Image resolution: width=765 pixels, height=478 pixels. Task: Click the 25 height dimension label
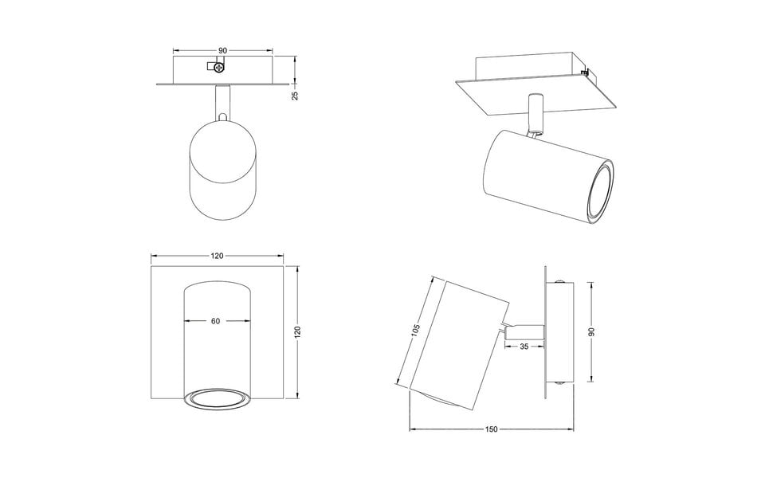(x=294, y=94)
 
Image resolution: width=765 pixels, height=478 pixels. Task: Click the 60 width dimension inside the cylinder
(x=215, y=321)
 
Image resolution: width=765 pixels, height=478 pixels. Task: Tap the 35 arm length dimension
(x=524, y=346)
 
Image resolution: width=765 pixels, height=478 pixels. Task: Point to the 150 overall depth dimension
(x=491, y=429)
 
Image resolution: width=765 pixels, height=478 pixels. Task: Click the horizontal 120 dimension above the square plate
(x=217, y=257)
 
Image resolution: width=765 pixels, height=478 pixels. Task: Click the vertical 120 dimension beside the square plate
(x=296, y=331)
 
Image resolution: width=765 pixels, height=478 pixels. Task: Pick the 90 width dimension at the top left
(x=222, y=50)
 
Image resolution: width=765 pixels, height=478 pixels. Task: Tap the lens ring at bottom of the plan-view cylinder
(x=218, y=400)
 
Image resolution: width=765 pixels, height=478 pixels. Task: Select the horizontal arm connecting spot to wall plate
(x=524, y=327)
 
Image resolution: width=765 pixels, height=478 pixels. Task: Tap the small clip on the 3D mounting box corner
(x=586, y=74)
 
